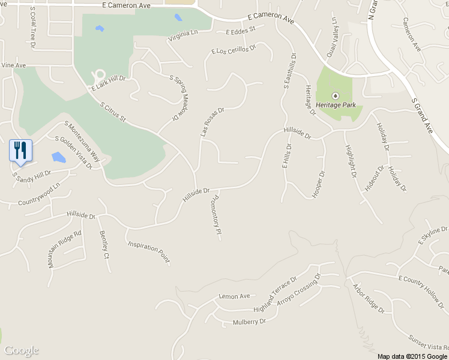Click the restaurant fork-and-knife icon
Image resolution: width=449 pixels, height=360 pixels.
[x=20, y=150]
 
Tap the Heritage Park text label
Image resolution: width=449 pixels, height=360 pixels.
[x=336, y=105]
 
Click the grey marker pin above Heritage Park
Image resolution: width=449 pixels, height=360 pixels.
[x=336, y=95]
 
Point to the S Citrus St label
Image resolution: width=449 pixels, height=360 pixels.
[x=113, y=112]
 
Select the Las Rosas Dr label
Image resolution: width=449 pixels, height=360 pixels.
[x=212, y=122]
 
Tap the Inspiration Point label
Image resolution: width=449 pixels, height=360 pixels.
[x=148, y=253]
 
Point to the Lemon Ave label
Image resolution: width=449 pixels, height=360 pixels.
[x=234, y=296]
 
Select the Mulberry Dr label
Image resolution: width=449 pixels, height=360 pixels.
[x=249, y=322]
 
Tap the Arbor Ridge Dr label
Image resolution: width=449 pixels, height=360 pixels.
[x=368, y=298]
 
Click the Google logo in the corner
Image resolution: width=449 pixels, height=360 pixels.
[x=22, y=350]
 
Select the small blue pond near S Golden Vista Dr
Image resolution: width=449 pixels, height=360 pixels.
[x=58, y=157]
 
